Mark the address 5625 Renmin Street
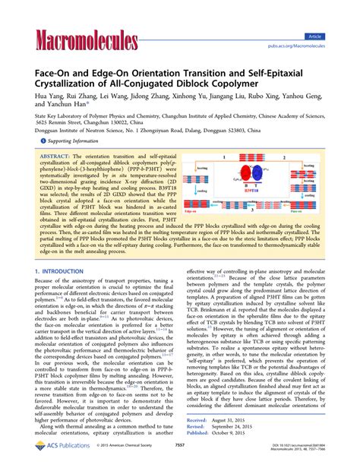click(65, 122)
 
